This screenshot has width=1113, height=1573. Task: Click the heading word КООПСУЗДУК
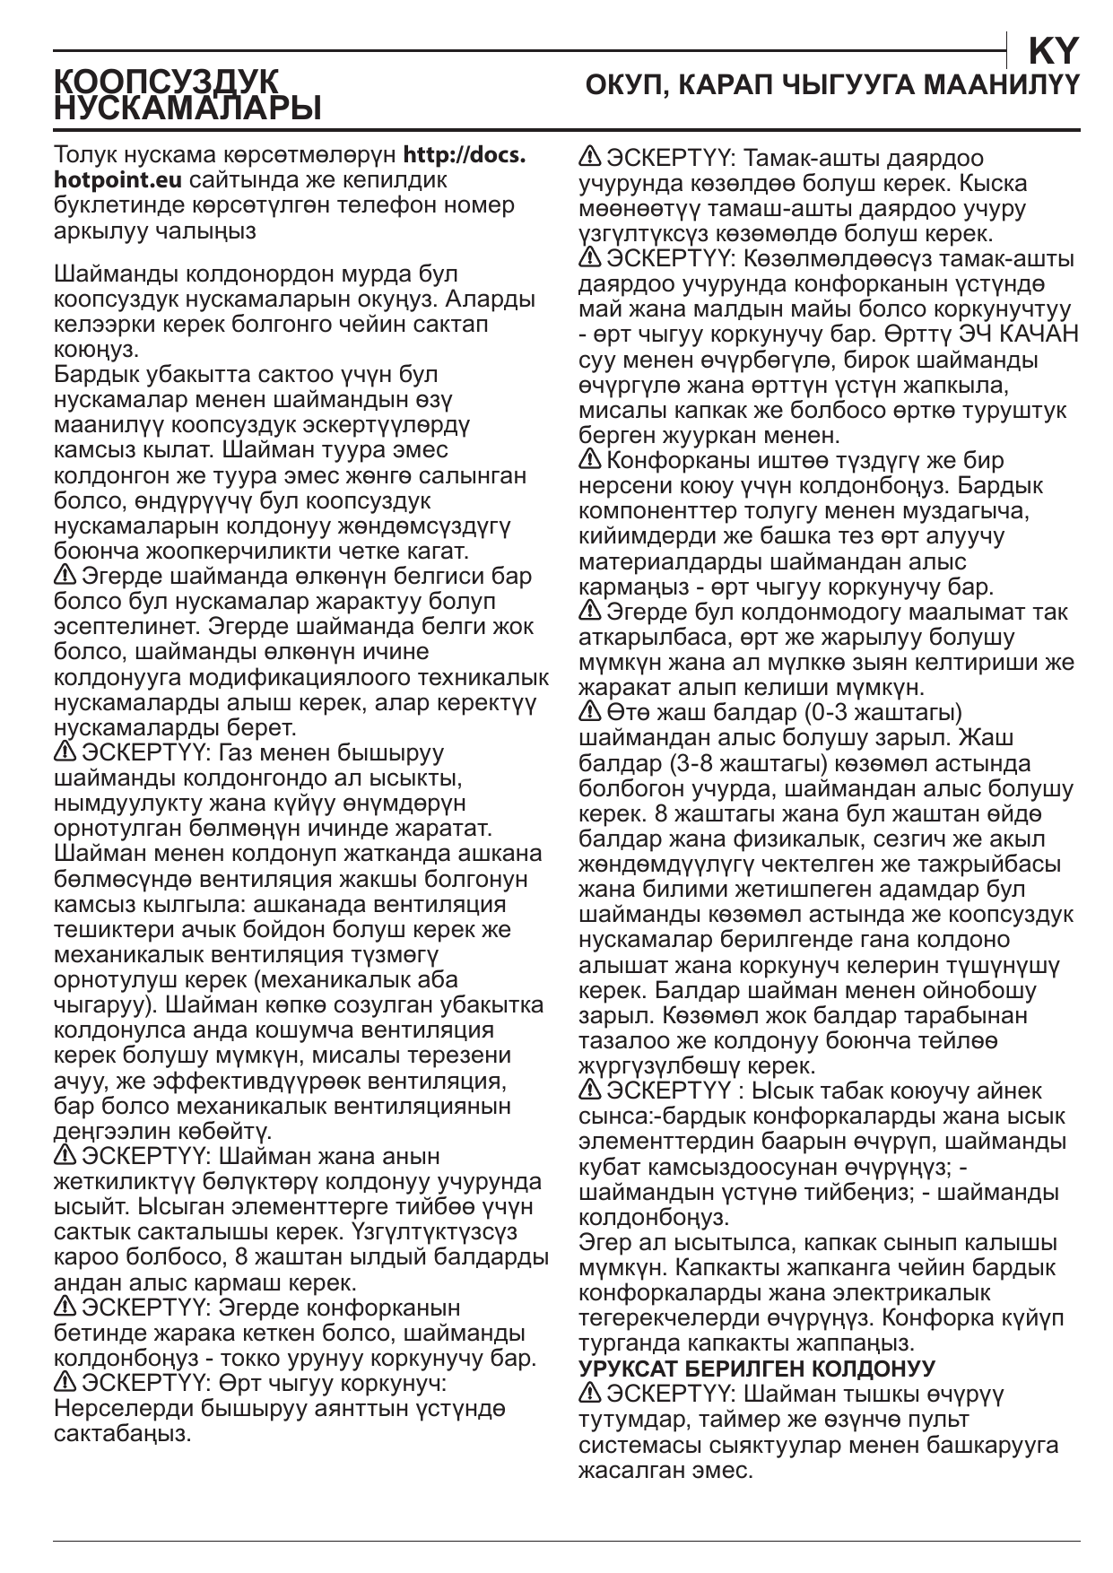coord(167,82)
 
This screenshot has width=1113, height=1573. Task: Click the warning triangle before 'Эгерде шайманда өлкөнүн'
coord(65,575)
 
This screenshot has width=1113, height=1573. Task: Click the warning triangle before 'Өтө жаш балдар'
coord(590,713)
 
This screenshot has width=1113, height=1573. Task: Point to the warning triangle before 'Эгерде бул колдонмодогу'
coord(590,613)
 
